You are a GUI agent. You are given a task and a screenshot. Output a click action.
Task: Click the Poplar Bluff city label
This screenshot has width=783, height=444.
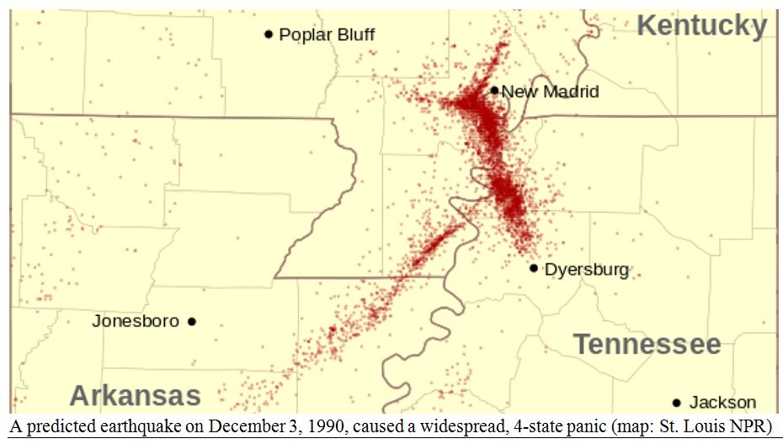pyautogui.click(x=327, y=35)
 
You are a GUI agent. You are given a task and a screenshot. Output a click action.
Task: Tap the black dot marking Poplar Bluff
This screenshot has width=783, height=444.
pyautogui.click(x=269, y=35)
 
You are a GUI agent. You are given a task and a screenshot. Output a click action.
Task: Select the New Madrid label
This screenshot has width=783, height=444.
pyautogui.click(x=551, y=91)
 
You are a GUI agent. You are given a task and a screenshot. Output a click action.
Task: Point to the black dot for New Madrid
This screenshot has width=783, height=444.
pyautogui.click(x=494, y=90)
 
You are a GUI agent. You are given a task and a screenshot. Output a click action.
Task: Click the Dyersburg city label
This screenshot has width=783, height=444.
pyautogui.click(x=587, y=270)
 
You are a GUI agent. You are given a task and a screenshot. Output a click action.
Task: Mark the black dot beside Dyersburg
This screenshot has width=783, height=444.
pyautogui.click(x=534, y=268)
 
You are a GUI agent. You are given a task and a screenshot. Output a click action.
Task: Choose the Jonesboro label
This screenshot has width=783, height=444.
pyautogui.click(x=136, y=321)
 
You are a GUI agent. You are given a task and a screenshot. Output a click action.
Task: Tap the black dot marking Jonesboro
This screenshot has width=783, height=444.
pyautogui.click(x=192, y=321)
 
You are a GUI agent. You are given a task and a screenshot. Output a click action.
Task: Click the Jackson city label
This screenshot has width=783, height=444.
pyautogui.click(x=722, y=402)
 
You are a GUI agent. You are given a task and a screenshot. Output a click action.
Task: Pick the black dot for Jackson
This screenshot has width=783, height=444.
pyautogui.click(x=676, y=402)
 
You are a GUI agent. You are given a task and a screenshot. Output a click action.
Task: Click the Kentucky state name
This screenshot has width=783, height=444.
pyautogui.click(x=701, y=26)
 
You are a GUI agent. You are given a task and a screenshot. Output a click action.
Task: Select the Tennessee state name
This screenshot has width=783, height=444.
pyautogui.click(x=647, y=344)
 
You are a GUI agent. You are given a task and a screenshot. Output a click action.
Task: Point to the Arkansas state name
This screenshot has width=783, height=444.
pyautogui.click(x=135, y=395)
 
